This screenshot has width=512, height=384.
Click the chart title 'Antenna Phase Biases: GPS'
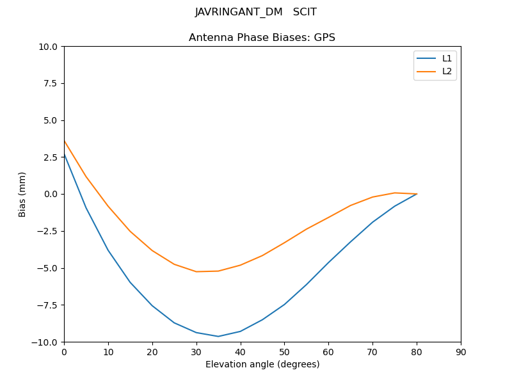pos(262,38)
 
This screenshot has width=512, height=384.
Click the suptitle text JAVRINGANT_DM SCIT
pos(256,12)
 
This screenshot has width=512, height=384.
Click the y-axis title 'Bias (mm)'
pos(22,194)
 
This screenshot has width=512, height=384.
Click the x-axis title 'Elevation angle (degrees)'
pos(262,365)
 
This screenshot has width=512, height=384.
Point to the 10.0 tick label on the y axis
pos(49,47)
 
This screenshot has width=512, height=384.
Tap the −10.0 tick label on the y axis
pos(46,342)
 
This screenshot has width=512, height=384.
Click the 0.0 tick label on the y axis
pos(51,194)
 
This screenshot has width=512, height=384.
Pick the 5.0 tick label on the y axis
pos(51,120)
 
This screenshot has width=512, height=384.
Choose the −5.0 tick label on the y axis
pos(49,268)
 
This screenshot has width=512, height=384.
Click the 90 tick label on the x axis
pos(461,351)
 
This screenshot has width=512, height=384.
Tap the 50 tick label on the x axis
pos(284,351)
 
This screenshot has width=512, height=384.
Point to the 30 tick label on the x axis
pos(196,351)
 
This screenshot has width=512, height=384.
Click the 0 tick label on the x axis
pos(64,351)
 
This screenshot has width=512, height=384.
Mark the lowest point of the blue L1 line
pos(218,336)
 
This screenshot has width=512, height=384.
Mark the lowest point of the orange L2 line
pos(196,271)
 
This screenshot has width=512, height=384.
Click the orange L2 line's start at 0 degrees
pos(64,141)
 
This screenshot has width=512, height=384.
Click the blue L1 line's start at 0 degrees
pos(64,154)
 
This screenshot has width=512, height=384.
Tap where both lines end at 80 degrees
pos(417,194)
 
